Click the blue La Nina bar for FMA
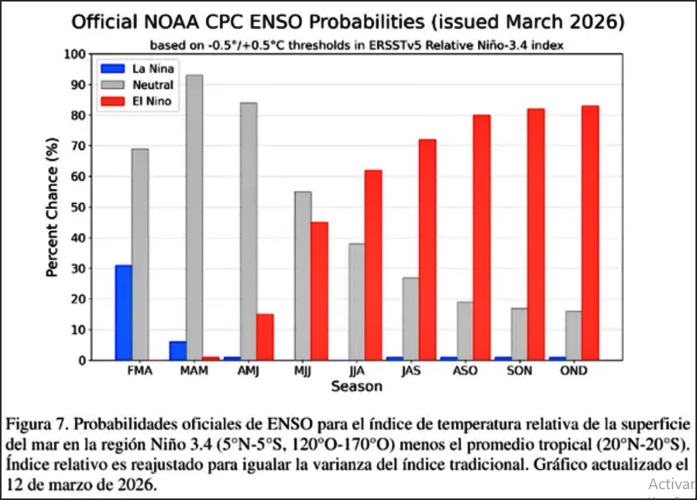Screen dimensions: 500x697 coord(123,313)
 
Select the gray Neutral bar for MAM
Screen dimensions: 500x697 coord(194,217)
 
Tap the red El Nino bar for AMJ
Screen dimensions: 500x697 coord(265,337)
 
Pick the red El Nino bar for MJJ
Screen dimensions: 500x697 coord(319,291)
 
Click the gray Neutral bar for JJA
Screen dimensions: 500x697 coord(356,302)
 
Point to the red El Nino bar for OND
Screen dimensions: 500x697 coord(589,233)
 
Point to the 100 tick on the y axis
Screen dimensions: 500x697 coord(73,54)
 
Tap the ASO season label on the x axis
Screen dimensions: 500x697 coord(465,372)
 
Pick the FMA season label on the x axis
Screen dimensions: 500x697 coord(139,372)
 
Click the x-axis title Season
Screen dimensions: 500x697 coord(356,386)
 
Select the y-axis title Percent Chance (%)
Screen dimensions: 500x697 coord(52,207)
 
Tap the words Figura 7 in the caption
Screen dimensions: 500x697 coord(36,426)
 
